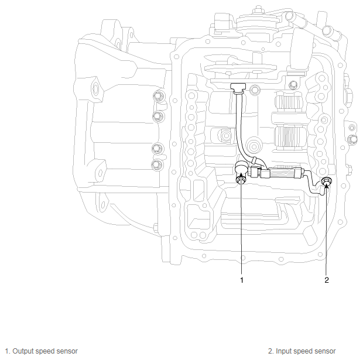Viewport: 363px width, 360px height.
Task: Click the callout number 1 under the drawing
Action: pyautogui.click(x=241, y=280)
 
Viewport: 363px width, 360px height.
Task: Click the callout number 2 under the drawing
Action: pyautogui.click(x=327, y=280)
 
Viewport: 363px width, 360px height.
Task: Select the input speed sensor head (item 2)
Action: pyautogui.click(x=326, y=184)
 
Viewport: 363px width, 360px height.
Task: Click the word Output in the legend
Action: pyautogui.click(x=23, y=351)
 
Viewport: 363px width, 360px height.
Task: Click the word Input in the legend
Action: pyautogui.click(x=285, y=351)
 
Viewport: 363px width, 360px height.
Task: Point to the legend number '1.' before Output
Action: pyautogui.click(x=7, y=351)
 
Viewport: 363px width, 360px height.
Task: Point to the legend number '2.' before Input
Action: pyautogui.click(x=271, y=351)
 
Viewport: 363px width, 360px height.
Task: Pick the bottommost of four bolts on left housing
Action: pyautogui.click(x=156, y=164)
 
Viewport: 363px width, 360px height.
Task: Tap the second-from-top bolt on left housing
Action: pyautogui.click(x=156, y=116)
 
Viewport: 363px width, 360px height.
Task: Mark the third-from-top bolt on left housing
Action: pyautogui.click(x=156, y=147)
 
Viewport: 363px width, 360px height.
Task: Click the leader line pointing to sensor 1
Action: pyautogui.click(x=241, y=234)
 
